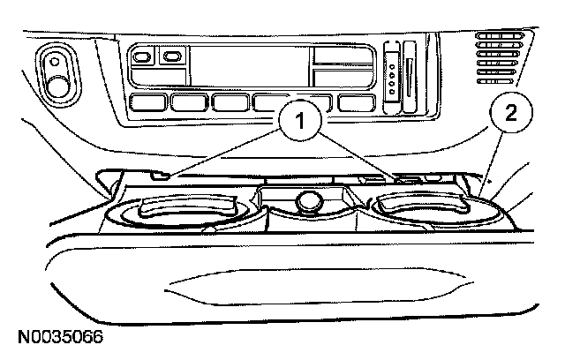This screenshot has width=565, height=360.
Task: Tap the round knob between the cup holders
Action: pyautogui.click(x=308, y=201)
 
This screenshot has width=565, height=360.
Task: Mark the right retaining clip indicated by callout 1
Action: pyautogui.click(x=408, y=178)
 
